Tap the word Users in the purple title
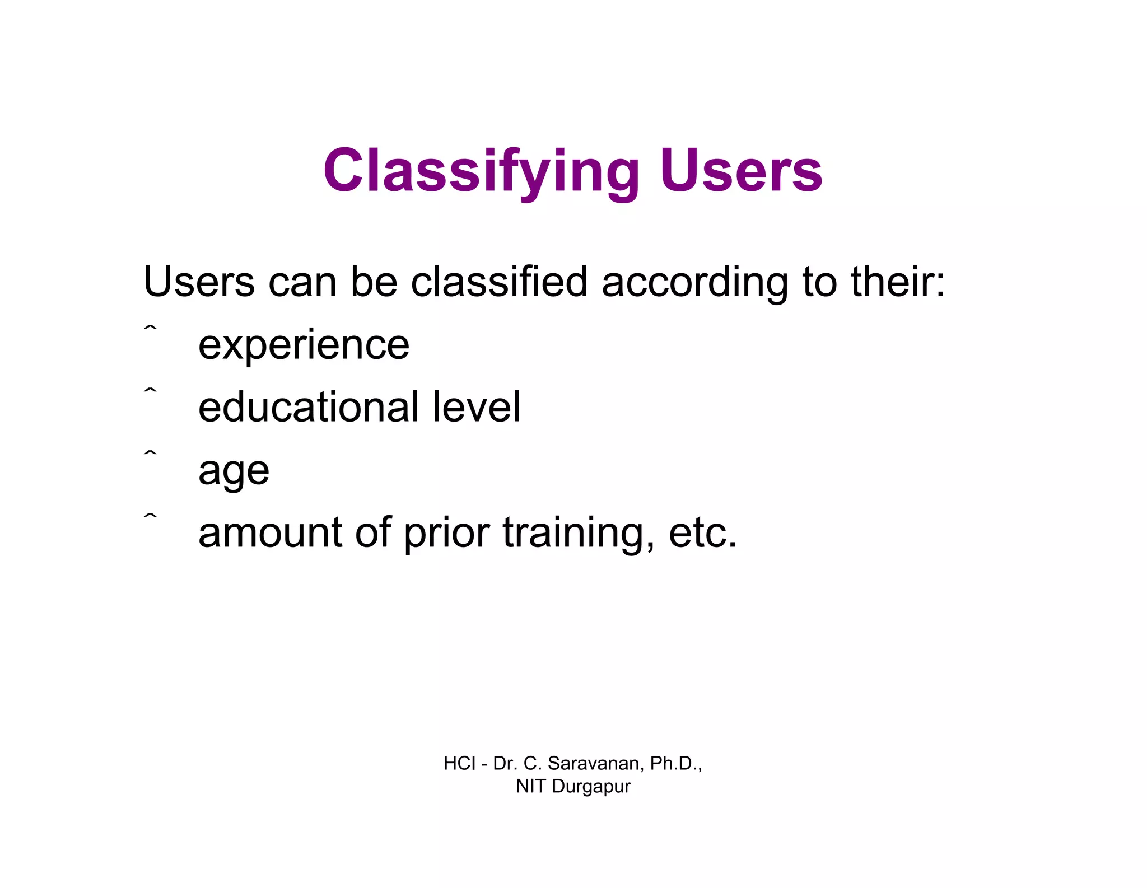(x=740, y=171)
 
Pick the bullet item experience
(x=304, y=345)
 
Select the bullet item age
(x=234, y=471)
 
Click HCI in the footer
(x=459, y=763)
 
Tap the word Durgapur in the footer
(x=591, y=787)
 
